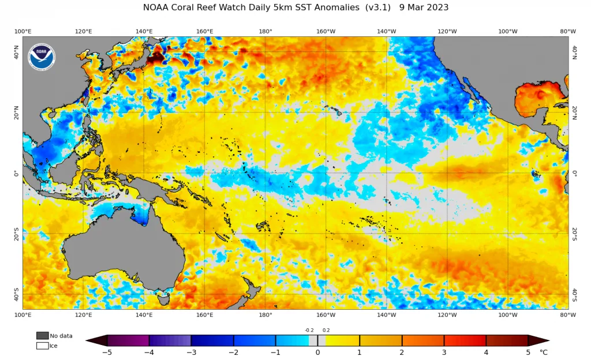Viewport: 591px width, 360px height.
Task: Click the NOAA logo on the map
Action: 42,57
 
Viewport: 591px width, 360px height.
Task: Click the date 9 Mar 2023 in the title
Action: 424,7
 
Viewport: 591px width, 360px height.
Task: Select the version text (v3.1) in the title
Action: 377,7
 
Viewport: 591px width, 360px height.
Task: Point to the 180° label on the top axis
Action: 265,31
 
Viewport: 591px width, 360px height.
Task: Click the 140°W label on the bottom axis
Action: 386,315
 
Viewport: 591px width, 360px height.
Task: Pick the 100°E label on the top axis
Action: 23,31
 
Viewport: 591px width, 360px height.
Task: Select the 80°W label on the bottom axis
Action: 568,315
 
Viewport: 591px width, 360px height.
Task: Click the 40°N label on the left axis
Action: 16,52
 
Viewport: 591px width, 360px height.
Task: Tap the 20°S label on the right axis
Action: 574,234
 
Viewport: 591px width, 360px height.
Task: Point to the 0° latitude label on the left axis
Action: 16,174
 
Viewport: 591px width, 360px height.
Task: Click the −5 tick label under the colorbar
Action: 107,352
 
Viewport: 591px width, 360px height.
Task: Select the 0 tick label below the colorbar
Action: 318,352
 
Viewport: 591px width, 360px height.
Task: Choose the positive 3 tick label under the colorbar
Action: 444,352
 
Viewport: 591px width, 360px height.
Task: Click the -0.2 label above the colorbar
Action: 309,330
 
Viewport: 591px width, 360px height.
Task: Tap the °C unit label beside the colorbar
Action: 544,352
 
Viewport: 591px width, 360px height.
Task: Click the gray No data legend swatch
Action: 43,336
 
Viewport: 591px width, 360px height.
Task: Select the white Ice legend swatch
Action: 43,346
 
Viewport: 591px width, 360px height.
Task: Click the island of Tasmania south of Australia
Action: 164,300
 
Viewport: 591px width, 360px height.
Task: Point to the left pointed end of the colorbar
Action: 87,340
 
